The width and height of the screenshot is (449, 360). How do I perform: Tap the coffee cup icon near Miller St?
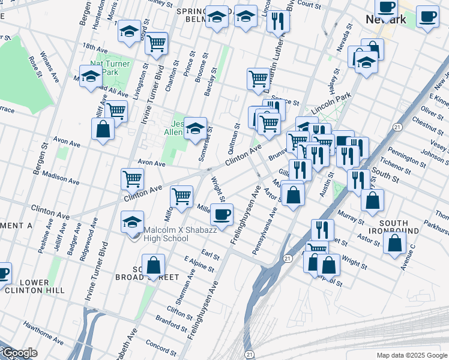point(222,214)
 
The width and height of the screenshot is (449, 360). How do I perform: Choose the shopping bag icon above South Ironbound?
point(395,244)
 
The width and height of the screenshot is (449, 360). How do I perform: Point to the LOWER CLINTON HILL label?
point(34,286)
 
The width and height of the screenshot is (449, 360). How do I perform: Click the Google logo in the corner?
point(19,353)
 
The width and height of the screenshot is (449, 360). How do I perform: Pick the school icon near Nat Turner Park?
point(91,77)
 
